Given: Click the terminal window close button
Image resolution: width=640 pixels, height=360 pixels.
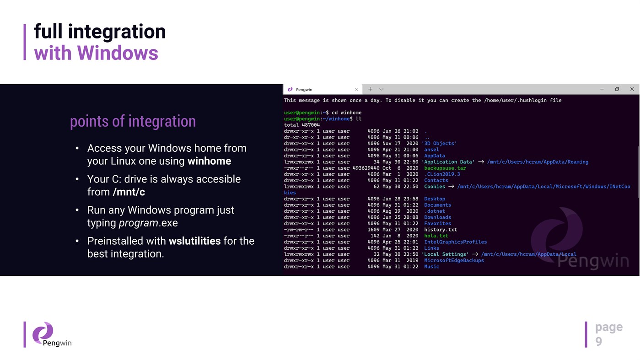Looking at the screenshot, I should click(x=632, y=89).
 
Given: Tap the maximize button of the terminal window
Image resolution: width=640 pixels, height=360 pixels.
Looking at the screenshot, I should click(x=617, y=89).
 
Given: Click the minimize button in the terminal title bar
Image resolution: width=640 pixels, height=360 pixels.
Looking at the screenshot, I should click(x=602, y=89).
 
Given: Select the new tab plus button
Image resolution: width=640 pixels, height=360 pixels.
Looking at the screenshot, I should click(x=370, y=89).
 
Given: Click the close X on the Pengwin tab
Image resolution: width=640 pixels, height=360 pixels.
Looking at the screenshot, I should click(x=356, y=89).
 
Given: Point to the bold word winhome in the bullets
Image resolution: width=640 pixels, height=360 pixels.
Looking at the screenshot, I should click(x=209, y=161).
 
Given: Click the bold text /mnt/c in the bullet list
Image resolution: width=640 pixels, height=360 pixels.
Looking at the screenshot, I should click(x=129, y=192).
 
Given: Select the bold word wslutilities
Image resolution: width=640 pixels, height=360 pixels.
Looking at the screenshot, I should click(x=194, y=241).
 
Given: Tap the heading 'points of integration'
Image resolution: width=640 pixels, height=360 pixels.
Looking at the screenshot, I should click(x=133, y=121).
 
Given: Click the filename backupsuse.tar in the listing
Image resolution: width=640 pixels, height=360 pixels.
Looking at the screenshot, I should click(x=445, y=168).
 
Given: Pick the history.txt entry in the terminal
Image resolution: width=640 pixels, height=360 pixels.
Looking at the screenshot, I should click(x=440, y=230).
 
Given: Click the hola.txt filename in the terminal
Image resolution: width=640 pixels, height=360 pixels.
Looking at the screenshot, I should click(x=436, y=236).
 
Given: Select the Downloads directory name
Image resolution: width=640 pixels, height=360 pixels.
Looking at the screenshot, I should click(x=437, y=217).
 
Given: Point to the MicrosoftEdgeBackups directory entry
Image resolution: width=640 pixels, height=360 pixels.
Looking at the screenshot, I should click(x=454, y=260).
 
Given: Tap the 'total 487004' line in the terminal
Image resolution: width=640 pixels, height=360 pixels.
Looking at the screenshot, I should click(x=301, y=125).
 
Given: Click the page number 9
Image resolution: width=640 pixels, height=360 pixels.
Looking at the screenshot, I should click(x=598, y=341).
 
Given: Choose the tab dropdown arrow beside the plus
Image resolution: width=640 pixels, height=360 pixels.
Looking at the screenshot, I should click(x=381, y=89).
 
